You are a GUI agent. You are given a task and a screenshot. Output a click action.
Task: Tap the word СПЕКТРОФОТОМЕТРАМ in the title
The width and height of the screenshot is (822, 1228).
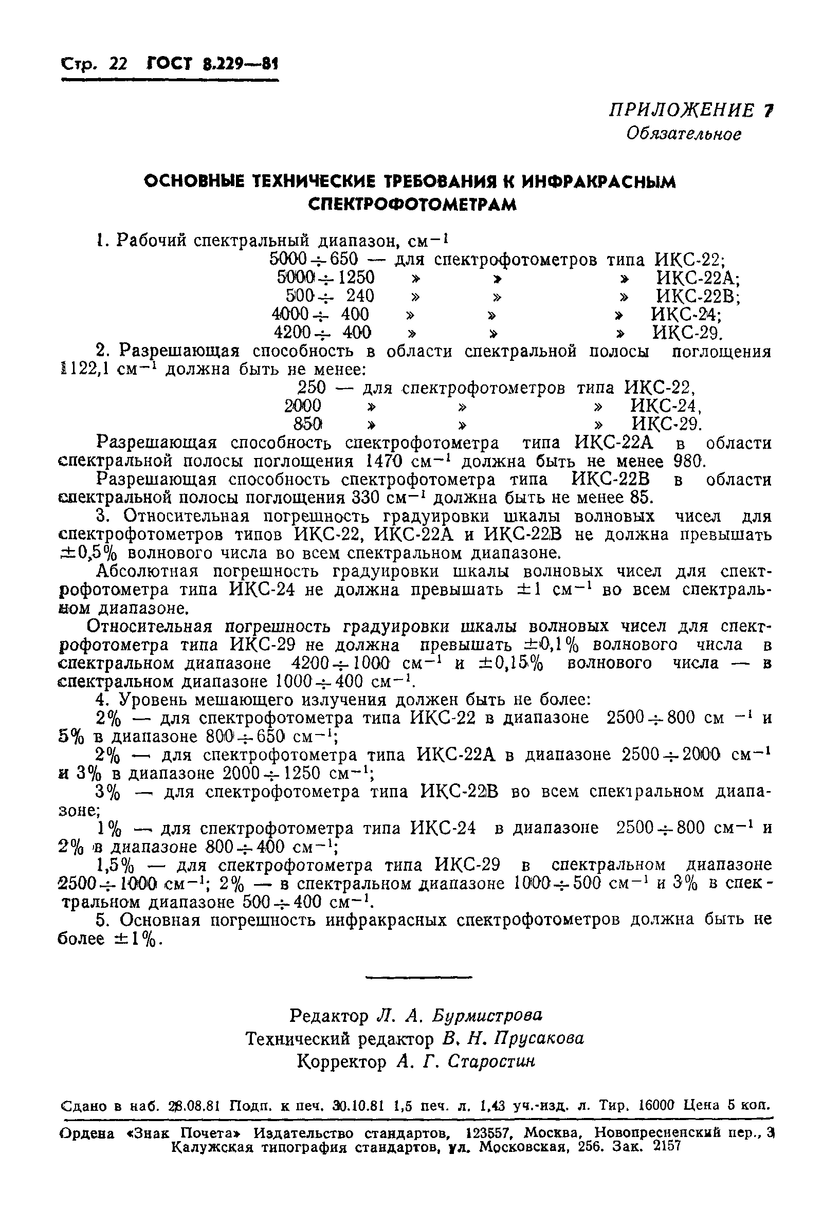(412, 205)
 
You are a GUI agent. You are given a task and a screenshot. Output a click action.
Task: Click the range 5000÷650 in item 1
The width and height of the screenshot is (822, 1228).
(314, 259)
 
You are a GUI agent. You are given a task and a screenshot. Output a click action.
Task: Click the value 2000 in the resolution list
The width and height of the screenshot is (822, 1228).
(302, 406)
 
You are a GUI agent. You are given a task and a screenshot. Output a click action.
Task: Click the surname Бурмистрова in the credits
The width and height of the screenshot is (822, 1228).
(487, 1015)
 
